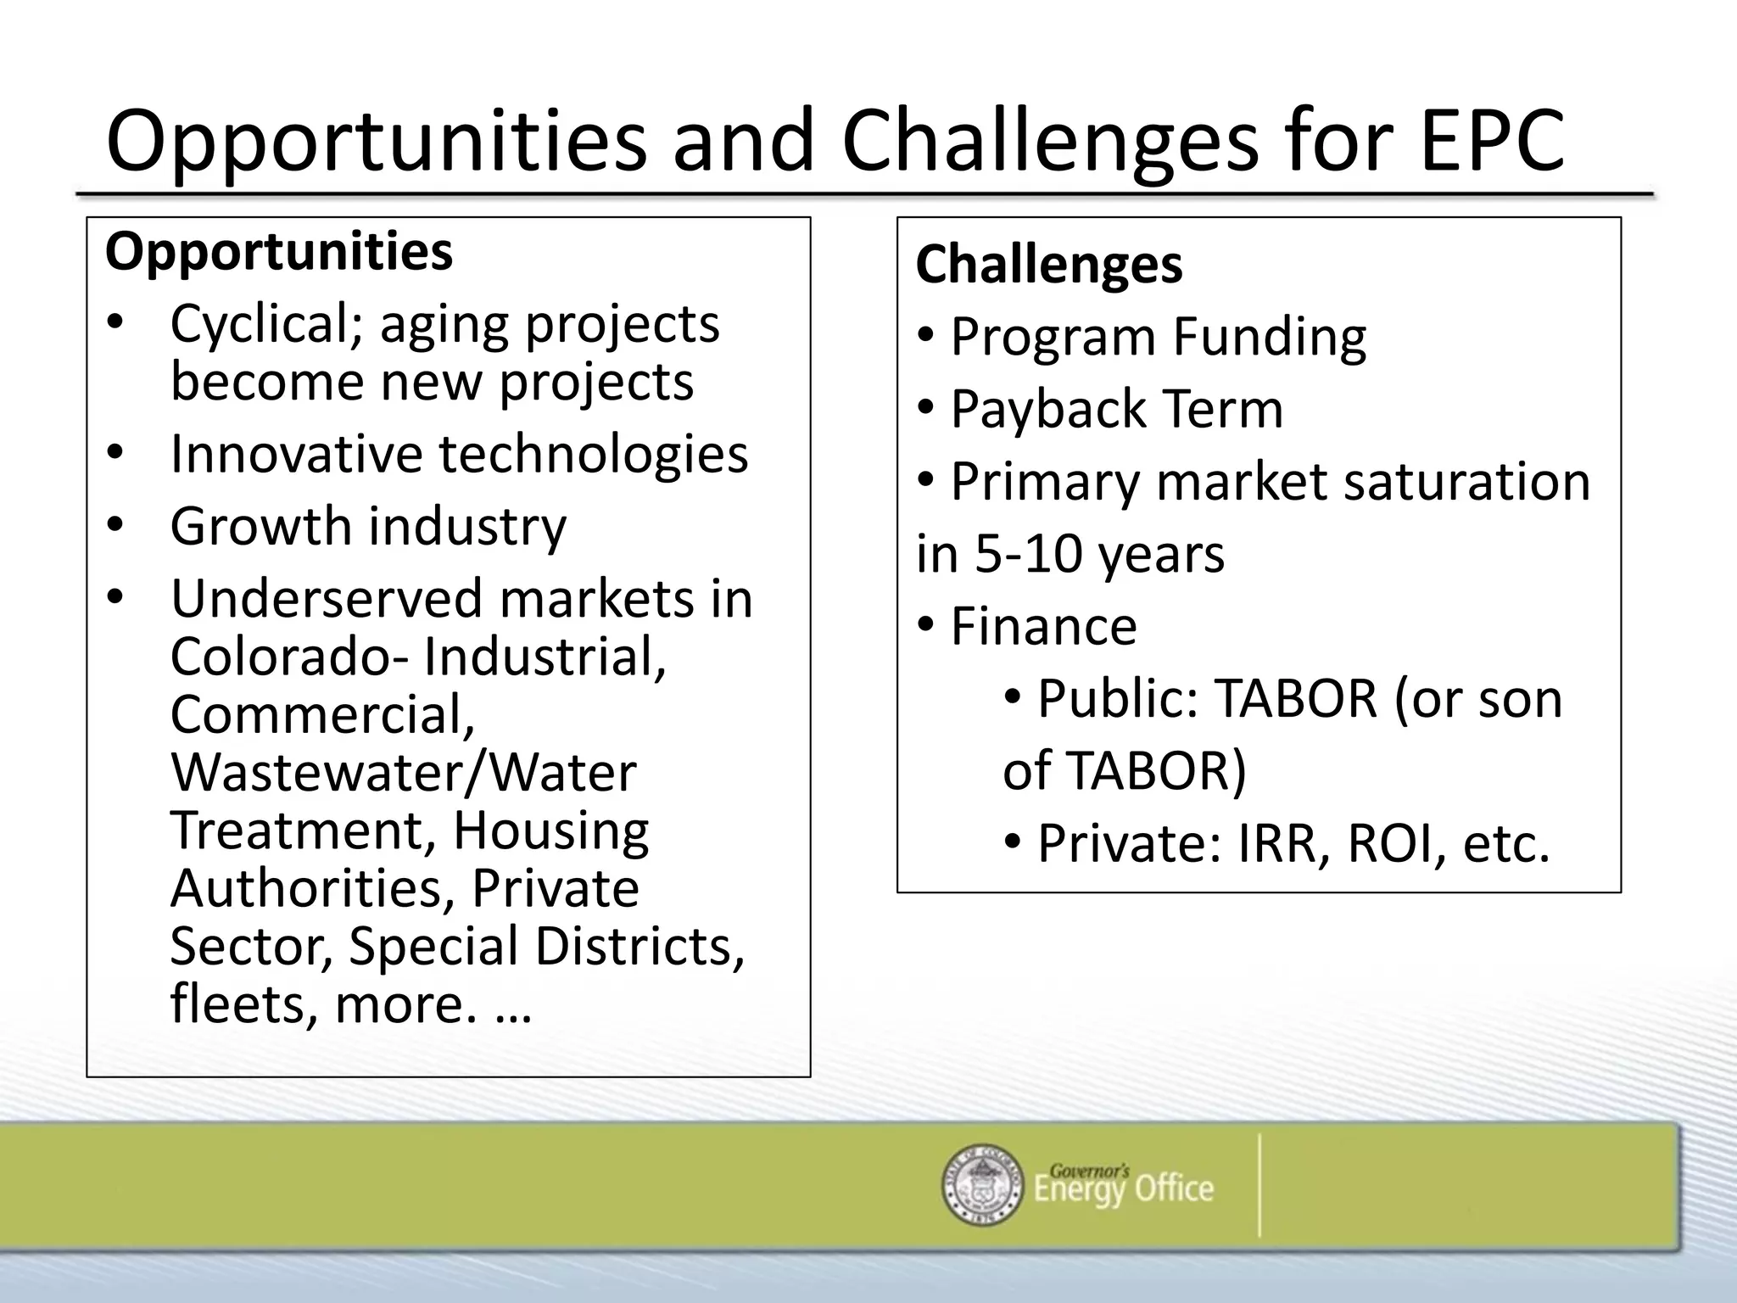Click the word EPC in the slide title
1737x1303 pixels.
(1491, 141)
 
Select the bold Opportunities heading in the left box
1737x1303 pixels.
(278, 252)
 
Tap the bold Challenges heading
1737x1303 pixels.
(1048, 264)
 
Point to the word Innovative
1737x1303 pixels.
(296, 454)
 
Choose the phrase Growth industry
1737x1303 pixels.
(367, 527)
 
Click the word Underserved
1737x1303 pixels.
(327, 599)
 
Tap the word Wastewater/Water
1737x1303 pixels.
(403, 773)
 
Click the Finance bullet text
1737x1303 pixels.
(1042, 626)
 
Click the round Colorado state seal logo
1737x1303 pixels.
(982, 1185)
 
